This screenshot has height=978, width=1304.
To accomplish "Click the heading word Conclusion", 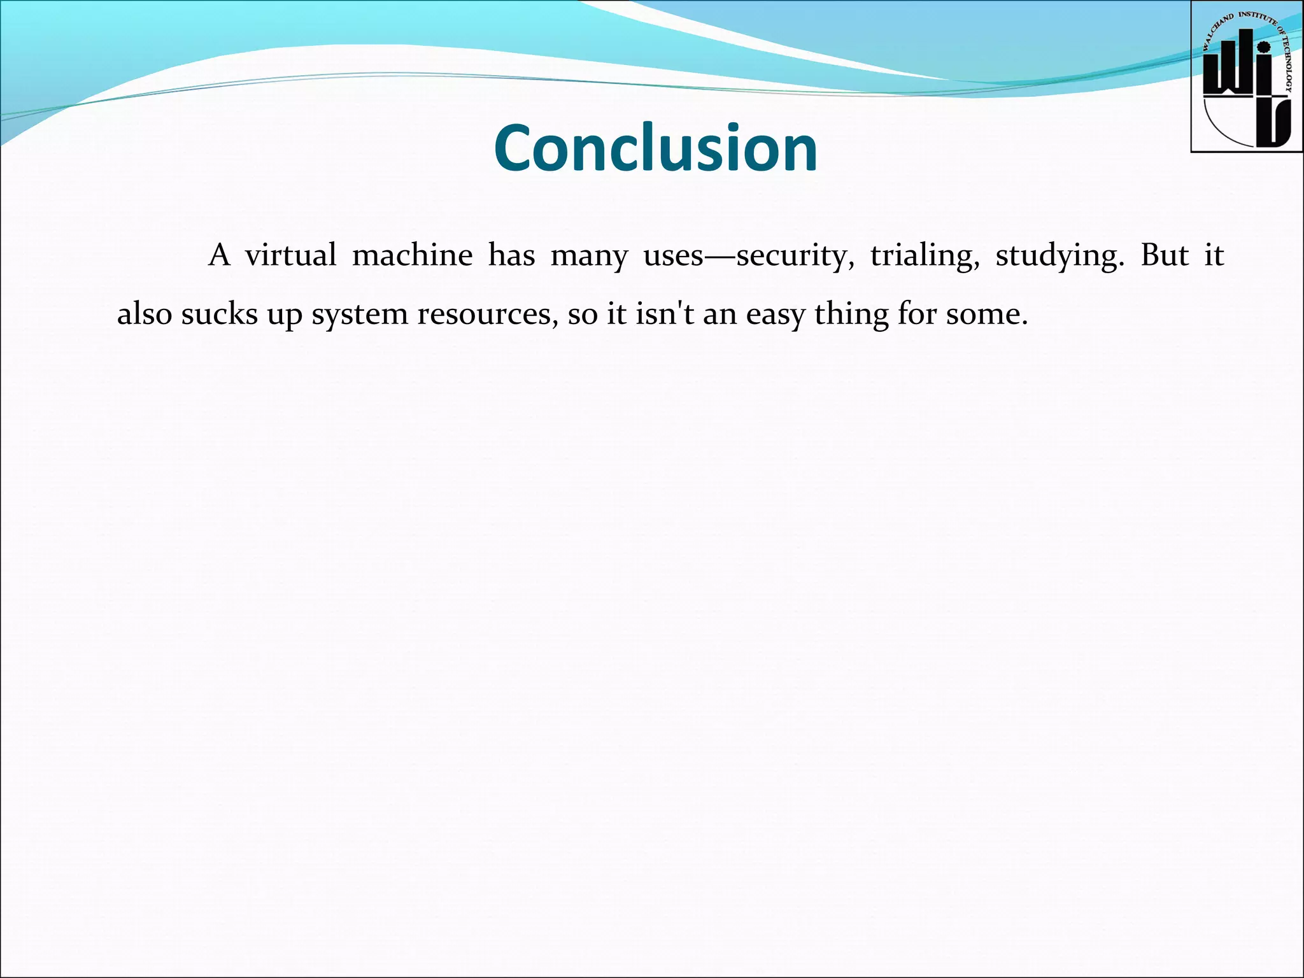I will pos(655,148).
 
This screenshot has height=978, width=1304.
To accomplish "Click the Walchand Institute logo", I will pos(1246,77).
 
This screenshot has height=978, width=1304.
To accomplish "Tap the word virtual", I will pos(290,256).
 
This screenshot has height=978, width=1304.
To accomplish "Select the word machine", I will pos(412,256).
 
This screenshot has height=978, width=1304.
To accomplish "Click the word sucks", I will pos(219,315).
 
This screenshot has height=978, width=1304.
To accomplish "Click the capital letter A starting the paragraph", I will pos(218,256).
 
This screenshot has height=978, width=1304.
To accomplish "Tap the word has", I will pos(511,256).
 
